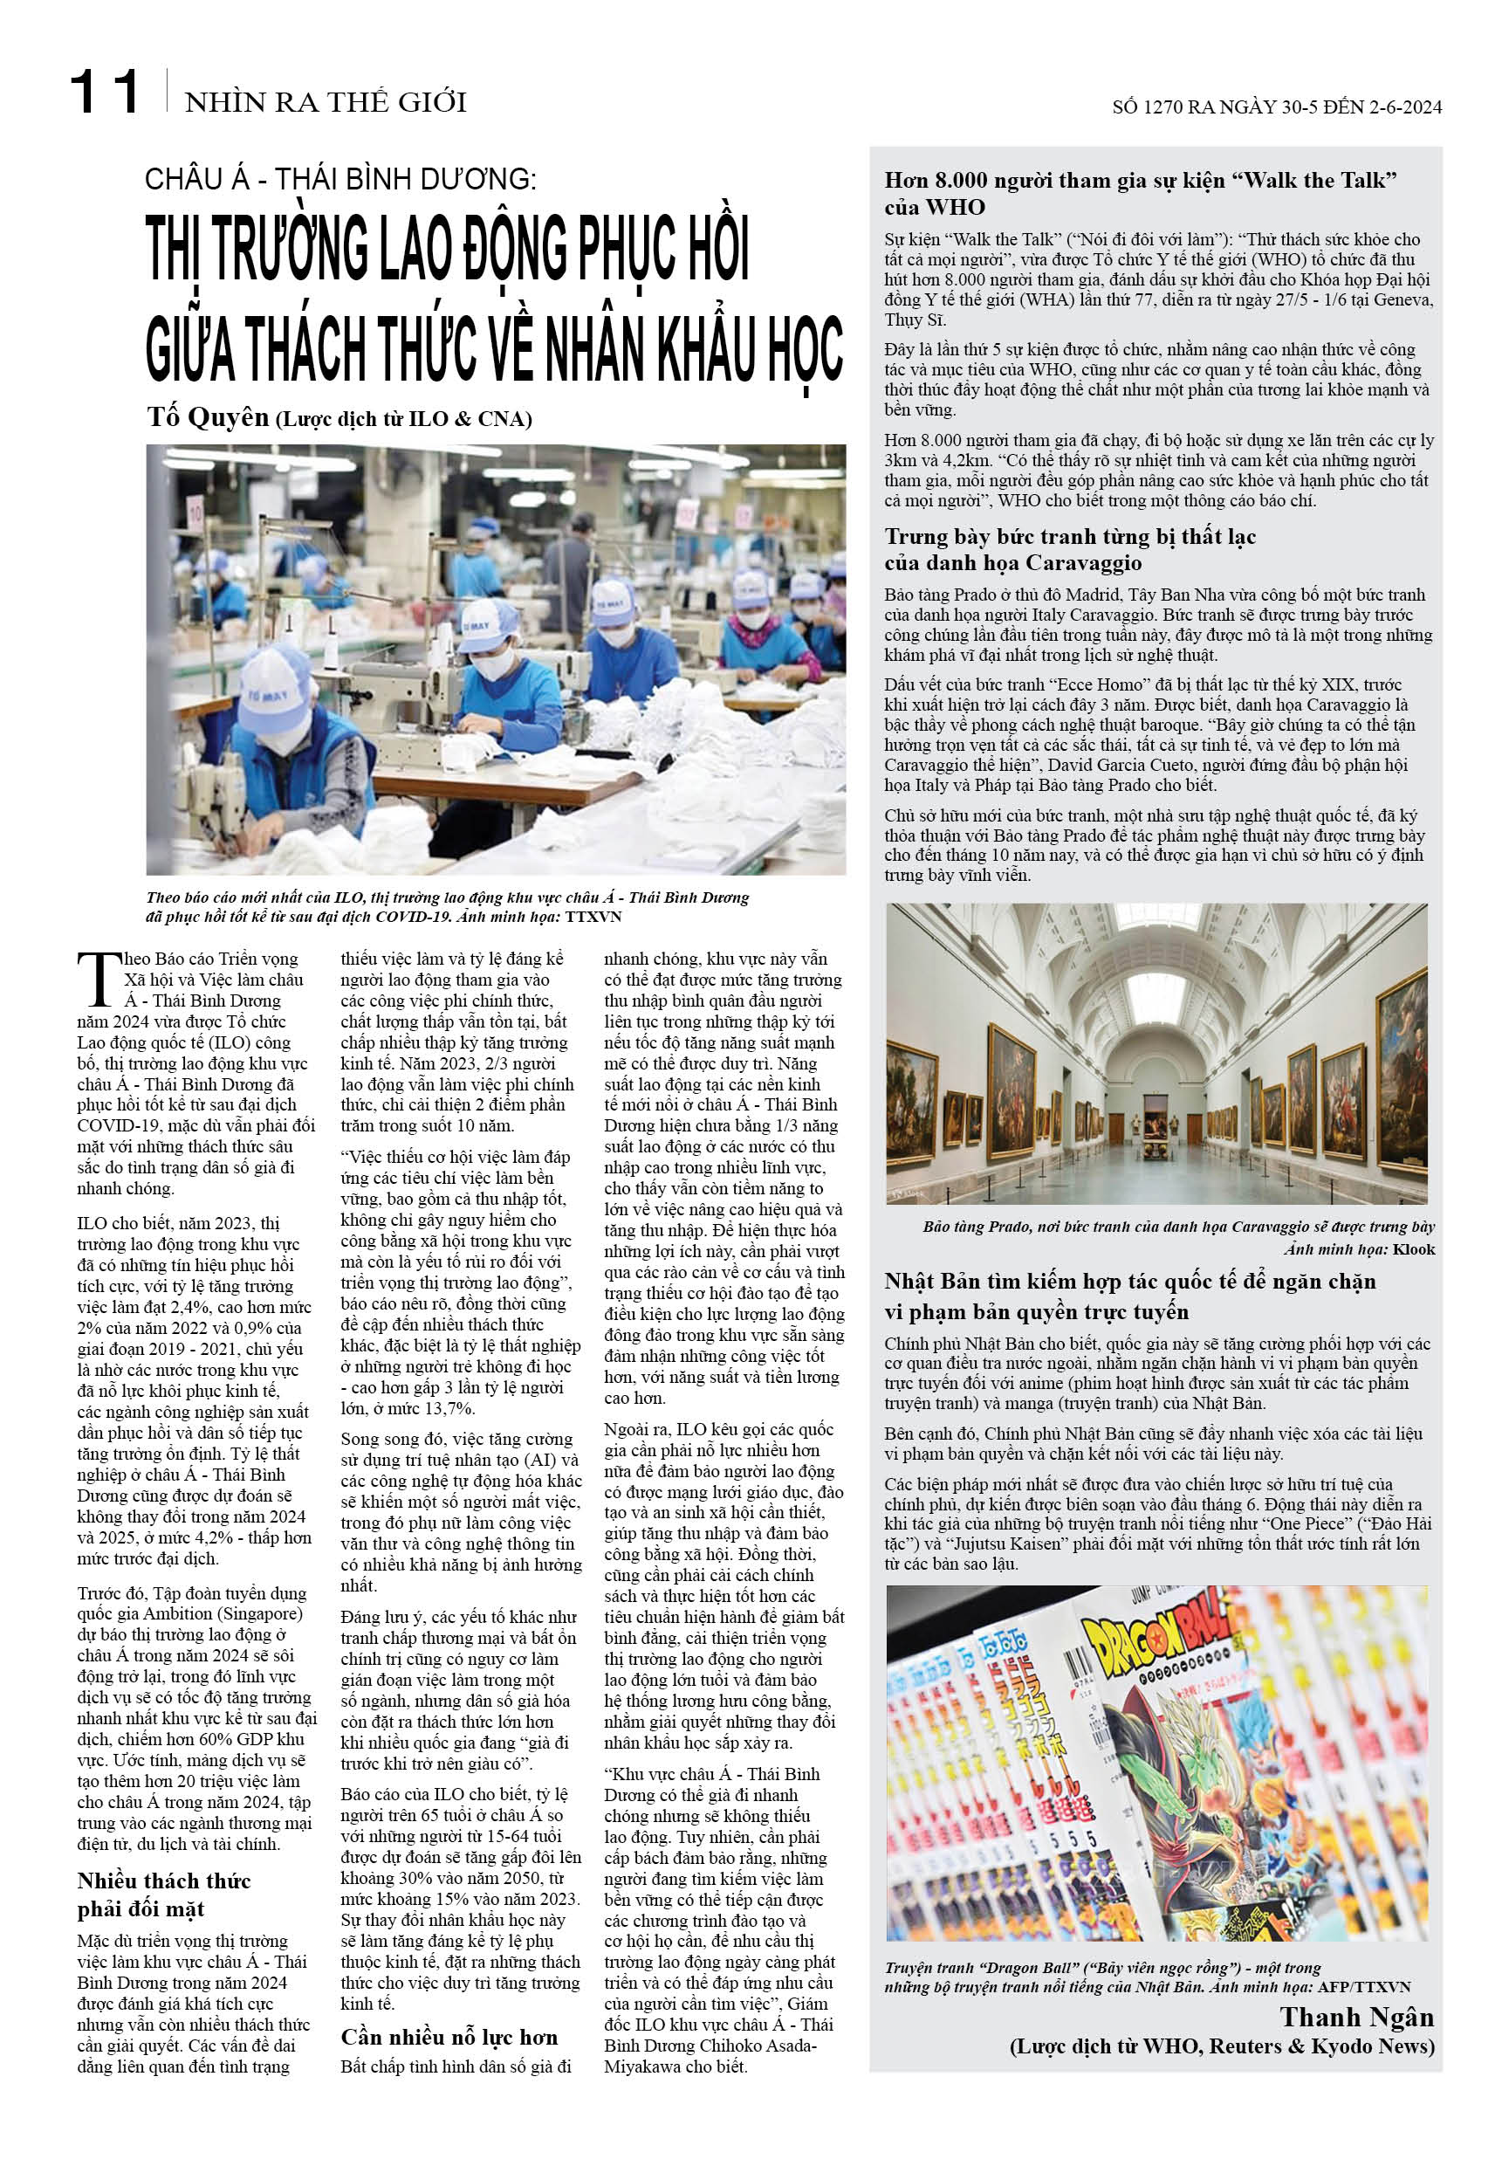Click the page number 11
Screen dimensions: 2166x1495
point(105,93)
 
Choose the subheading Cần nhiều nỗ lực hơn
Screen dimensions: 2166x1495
point(449,2037)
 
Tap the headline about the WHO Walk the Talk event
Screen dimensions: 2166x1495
point(1140,194)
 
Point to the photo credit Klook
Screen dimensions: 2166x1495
point(1413,1248)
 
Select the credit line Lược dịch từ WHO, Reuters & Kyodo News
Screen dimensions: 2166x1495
point(1222,2046)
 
